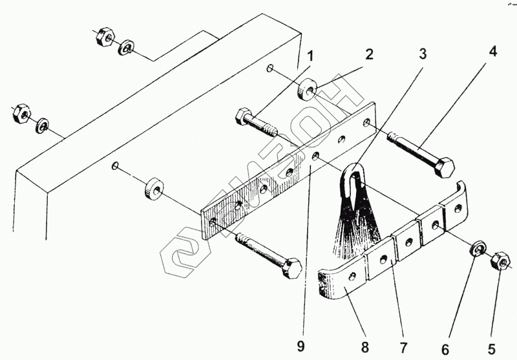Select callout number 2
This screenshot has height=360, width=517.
[369, 55]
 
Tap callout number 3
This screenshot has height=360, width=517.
[422, 54]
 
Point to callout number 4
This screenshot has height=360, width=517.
[492, 52]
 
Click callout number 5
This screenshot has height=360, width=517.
[491, 349]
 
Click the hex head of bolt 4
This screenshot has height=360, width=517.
[443, 167]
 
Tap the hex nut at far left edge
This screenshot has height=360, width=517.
[20, 113]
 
